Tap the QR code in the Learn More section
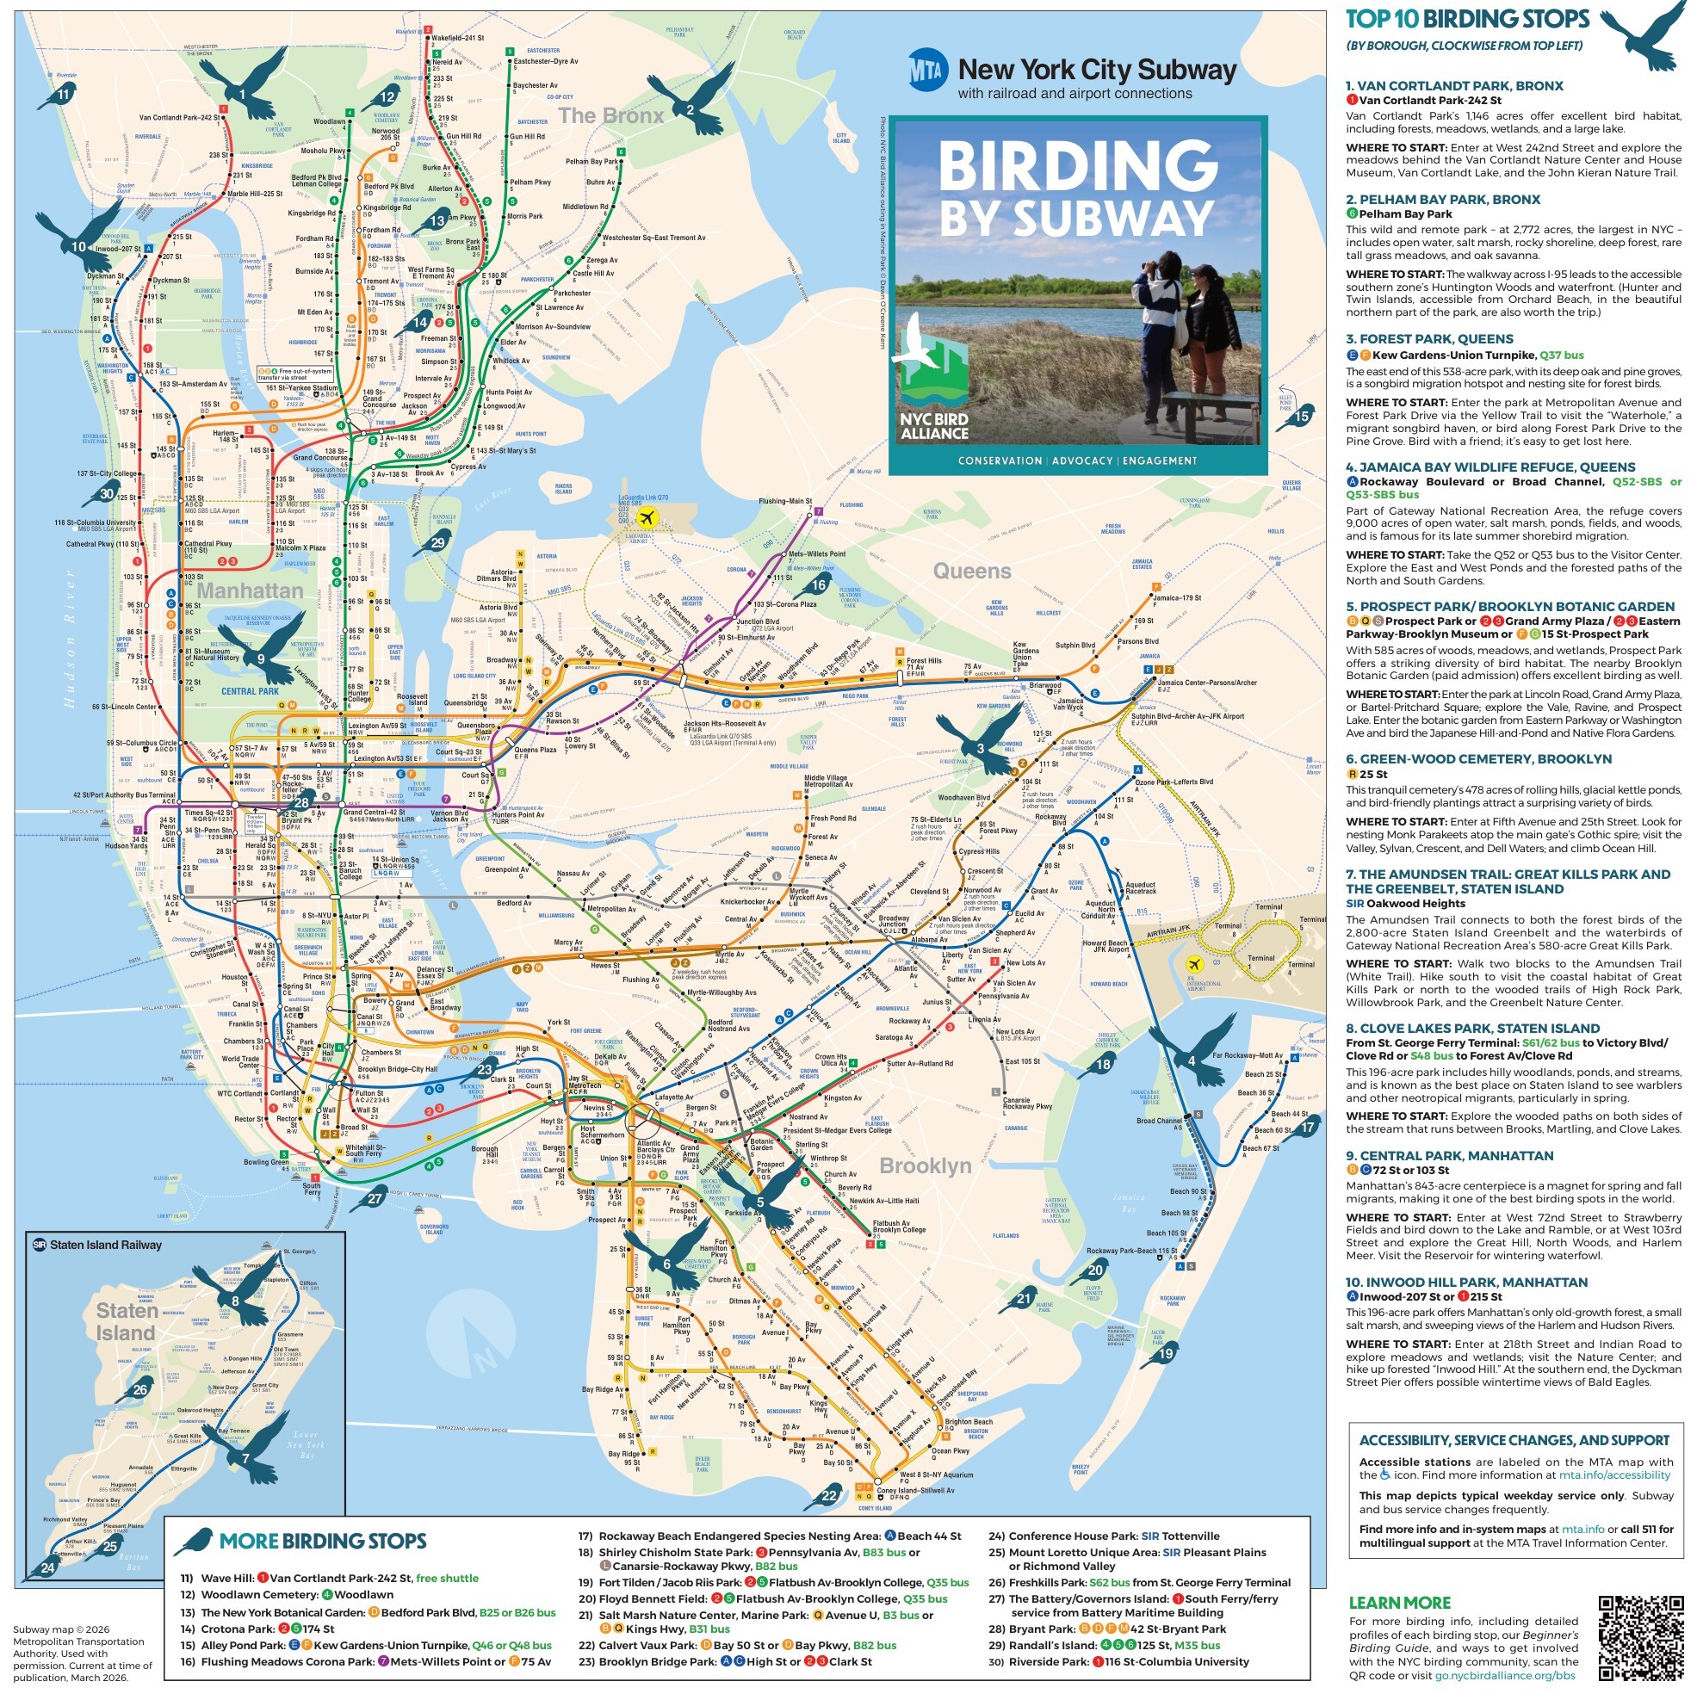tap(1641, 1636)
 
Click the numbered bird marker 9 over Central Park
tap(262, 658)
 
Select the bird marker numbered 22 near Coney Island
tap(828, 1495)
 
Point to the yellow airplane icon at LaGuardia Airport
tap(648, 517)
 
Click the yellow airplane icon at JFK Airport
tap(1192, 963)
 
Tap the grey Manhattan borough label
tap(250, 590)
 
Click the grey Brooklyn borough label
tap(925, 1165)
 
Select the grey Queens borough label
tap(972, 571)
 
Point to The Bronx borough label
tap(610, 115)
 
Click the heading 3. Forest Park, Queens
tap(1429, 339)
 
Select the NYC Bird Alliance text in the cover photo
tap(934, 426)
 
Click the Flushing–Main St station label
tap(784, 502)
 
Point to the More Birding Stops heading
tap(322, 1541)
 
